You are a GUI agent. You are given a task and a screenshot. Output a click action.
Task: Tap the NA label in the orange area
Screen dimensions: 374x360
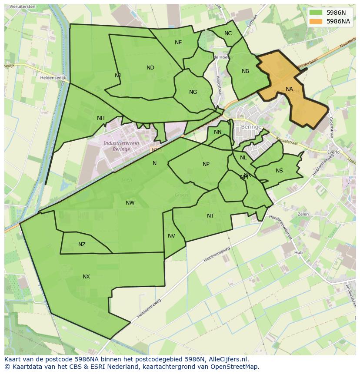[289, 89]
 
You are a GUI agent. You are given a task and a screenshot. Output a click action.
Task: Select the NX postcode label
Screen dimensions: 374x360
[86, 277]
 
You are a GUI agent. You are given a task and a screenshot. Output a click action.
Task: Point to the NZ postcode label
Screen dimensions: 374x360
[82, 245]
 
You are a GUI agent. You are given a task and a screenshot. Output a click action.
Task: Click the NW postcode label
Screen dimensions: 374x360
[130, 203]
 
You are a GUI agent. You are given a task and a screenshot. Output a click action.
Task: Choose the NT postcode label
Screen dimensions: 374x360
[210, 216]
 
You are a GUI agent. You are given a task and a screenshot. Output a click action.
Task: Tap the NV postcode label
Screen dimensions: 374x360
[171, 236]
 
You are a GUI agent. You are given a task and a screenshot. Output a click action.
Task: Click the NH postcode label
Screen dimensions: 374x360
[101, 118]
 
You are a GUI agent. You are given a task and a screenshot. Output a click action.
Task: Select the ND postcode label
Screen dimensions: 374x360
[150, 68]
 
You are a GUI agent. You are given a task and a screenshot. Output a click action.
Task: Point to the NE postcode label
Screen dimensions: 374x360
[178, 43]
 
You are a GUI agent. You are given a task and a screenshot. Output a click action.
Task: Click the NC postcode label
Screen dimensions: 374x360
[228, 33]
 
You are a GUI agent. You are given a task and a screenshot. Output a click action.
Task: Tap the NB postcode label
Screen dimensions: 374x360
[245, 71]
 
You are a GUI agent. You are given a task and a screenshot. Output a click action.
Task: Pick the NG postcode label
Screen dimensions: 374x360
[193, 92]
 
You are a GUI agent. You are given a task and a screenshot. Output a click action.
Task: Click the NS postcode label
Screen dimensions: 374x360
[279, 171]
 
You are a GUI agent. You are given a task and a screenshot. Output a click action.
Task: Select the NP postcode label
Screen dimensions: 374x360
[206, 164]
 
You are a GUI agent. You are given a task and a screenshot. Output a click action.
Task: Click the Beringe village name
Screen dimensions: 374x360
[251, 127]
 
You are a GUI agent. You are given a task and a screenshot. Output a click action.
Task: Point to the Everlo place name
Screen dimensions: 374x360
[334, 152]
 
